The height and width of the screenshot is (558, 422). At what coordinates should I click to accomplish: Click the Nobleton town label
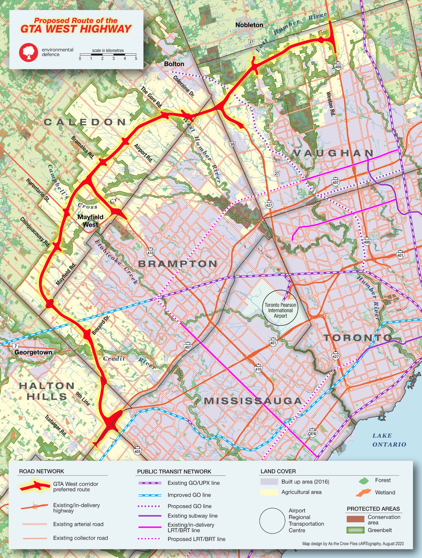pos(249,25)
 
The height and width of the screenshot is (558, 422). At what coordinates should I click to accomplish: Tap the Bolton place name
pos(174,64)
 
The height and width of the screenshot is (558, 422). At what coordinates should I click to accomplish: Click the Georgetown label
pos(33,352)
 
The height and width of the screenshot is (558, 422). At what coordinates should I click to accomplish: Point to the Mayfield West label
pos(90,221)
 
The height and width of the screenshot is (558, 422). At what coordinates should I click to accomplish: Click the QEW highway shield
pos(312,433)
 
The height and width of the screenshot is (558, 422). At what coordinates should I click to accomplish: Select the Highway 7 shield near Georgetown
pos(16,346)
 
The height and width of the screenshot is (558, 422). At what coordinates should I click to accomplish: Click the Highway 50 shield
pos(232,144)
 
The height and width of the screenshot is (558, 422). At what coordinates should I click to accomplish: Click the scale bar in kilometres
pos(108,54)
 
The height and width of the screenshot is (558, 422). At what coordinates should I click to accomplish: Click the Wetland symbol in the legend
pos(364,492)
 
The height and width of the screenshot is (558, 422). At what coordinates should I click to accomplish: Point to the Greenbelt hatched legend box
pos(355,530)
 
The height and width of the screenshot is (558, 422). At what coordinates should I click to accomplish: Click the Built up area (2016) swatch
pos(269,482)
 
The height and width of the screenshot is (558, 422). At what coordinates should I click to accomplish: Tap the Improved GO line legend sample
pos(150,495)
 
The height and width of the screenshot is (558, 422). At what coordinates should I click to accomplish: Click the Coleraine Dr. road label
pos(183,87)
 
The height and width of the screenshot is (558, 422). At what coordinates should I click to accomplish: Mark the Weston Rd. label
pos(330,104)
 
